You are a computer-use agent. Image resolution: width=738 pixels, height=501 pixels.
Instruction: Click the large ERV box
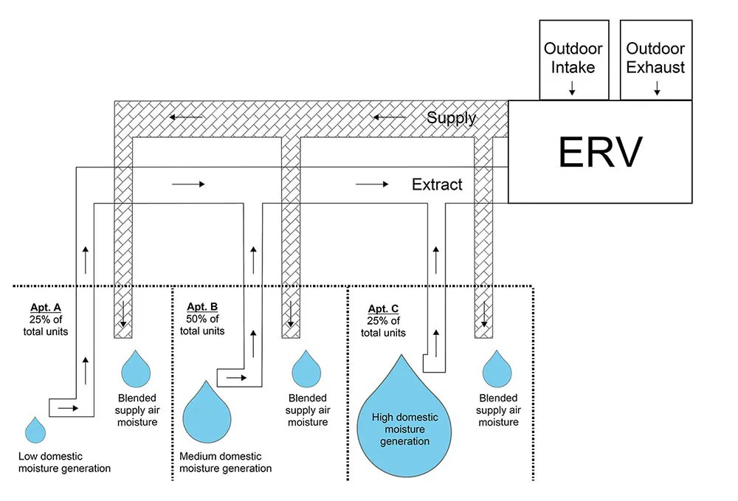600,152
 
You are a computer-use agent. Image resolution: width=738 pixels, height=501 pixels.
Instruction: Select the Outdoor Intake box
573,58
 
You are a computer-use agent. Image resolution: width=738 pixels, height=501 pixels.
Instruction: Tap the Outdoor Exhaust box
656,58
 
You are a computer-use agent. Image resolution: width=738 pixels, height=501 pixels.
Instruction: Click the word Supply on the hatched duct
451,117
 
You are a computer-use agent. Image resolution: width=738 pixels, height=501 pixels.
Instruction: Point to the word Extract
437,184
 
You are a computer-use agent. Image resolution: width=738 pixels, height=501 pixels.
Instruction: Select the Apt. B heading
201,307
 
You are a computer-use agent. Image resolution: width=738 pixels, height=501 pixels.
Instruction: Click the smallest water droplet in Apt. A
35,430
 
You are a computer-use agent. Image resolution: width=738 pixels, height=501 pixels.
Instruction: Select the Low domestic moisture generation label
64,462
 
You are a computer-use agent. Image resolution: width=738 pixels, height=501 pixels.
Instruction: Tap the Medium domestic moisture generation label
225,462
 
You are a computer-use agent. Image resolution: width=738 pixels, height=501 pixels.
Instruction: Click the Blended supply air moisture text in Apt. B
308,410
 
